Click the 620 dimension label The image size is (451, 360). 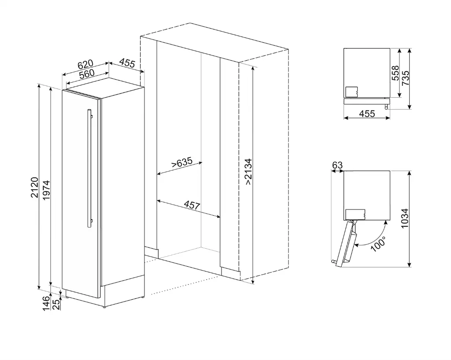[85, 65]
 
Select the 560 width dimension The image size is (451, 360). [87, 74]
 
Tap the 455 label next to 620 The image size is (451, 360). [127, 63]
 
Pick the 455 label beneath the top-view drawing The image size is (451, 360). [367, 114]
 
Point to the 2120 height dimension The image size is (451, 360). [34, 187]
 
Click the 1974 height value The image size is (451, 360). [46, 190]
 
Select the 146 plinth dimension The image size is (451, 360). [46, 304]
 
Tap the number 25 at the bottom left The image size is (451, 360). [56, 305]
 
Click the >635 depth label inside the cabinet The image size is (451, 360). [181, 163]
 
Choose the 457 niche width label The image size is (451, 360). [192, 205]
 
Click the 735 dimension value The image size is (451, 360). [405, 78]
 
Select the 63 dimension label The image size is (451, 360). [337, 165]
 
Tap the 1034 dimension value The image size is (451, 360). [405, 218]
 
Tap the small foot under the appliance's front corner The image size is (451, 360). [104, 308]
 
